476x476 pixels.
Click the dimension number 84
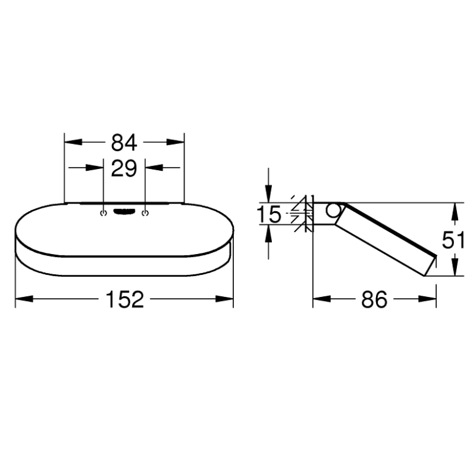coord(124,143)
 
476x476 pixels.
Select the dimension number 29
coord(124,168)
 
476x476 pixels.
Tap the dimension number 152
coord(124,300)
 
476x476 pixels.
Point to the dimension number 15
coord(269,214)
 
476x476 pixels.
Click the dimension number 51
coord(453,240)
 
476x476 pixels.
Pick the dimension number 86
coord(374,300)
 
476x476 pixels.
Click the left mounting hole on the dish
coord(104,214)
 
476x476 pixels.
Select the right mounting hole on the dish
coord(145,214)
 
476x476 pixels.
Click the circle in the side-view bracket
coord(333,210)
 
